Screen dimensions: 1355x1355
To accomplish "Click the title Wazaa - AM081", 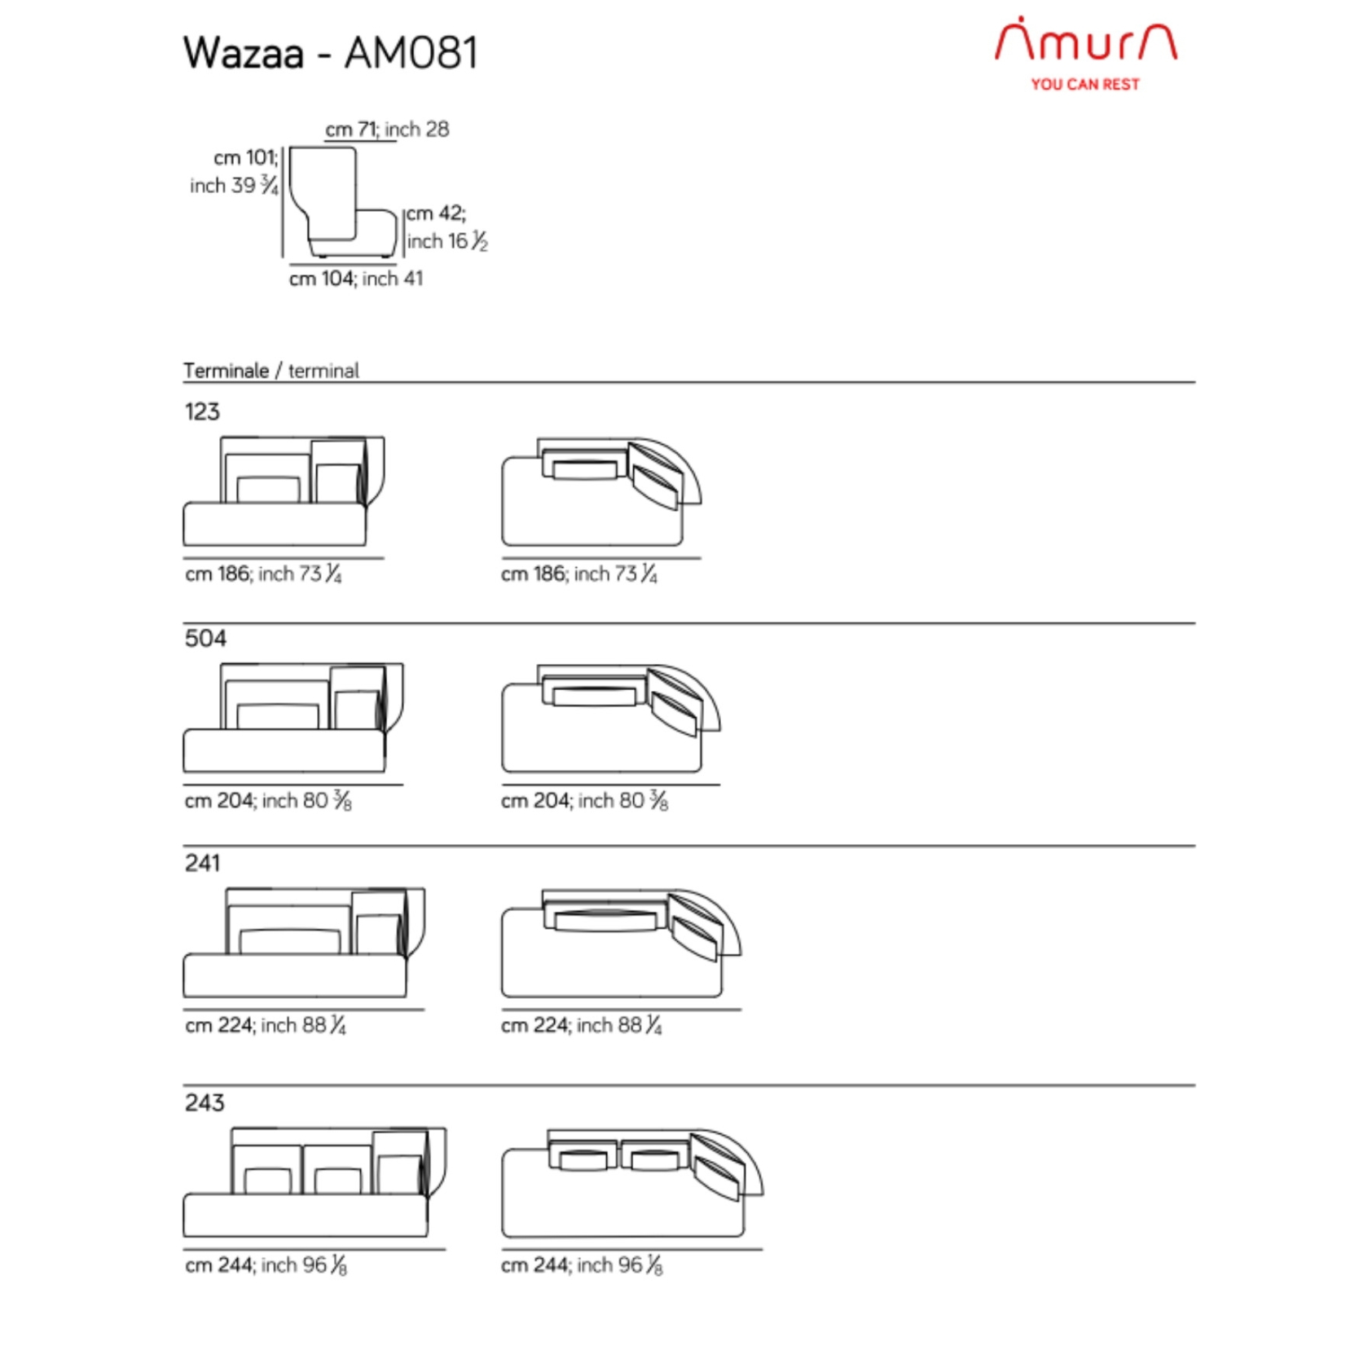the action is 330,53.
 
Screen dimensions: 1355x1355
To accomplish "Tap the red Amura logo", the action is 1085,40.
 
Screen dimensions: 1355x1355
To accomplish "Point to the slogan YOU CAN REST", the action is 1084,84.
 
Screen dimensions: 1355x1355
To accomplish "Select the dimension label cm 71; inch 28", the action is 387,130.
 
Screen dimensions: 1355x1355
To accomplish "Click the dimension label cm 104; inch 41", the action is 356,279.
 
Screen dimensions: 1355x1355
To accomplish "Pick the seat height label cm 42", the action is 436,213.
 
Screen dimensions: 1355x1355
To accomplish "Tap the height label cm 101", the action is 246,157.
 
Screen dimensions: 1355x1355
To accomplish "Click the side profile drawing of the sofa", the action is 342,202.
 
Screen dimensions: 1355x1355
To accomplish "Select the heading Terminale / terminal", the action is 271,371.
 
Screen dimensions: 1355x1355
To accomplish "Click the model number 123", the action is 202,411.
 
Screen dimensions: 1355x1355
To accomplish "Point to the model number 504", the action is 205,638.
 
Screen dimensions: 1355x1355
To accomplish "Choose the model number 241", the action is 202,863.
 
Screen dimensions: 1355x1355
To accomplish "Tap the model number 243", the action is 205,1102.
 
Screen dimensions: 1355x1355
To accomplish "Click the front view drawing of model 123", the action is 284,491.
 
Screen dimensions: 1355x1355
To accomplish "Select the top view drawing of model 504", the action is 611,718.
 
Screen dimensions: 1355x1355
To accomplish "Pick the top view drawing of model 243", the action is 632,1183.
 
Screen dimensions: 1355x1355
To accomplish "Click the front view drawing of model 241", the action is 304,943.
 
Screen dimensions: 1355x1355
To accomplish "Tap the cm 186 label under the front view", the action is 263,574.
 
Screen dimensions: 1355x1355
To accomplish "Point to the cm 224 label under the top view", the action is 581,1025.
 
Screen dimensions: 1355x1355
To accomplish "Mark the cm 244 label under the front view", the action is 266,1265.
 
